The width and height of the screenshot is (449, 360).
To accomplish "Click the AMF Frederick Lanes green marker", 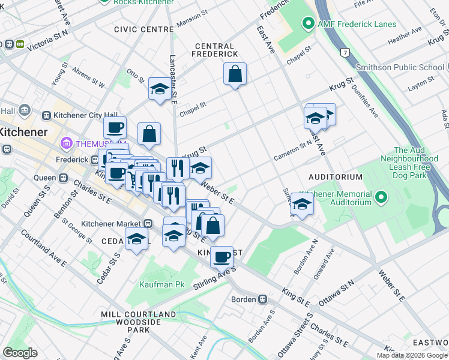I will [x=309, y=24].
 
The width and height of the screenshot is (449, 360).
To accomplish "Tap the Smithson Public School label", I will [x=400, y=67].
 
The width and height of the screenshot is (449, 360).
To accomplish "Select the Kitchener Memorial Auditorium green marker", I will [x=381, y=197].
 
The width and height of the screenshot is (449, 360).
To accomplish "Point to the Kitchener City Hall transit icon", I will [x=46, y=115].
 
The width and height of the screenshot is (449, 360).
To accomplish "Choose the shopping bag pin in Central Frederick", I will [x=235, y=74].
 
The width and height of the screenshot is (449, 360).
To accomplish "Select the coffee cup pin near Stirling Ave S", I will [x=221, y=257].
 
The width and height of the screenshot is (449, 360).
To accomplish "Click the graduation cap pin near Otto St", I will [x=159, y=89].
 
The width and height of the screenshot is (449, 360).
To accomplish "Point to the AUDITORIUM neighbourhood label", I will [x=336, y=177].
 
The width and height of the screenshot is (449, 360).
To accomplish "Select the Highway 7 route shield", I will [x=345, y=52].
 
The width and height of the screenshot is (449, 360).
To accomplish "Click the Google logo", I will [x=20, y=353].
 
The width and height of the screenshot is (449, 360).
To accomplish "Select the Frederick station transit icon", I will [x=94, y=160].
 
